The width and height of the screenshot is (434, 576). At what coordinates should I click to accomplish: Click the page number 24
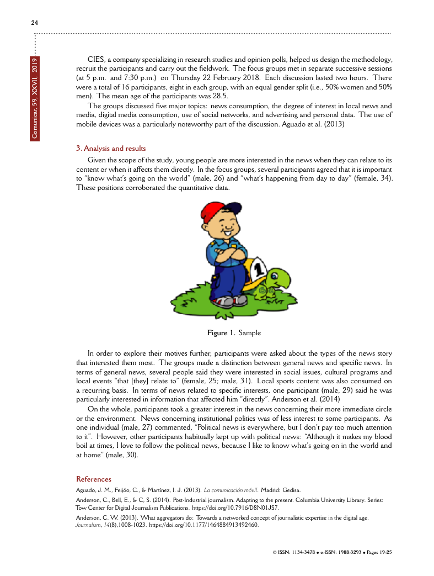(x=35, y=23)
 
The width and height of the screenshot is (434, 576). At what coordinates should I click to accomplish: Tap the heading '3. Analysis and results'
(x=111, y=149)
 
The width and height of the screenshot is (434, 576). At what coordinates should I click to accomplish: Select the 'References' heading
(x=93, y=479)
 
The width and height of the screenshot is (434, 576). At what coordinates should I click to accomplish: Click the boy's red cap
(x=218, y=212)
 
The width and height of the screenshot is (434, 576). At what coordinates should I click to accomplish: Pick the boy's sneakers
(x=231, y=302)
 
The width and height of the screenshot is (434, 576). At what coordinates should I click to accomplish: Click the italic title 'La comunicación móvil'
(x=232, y=490)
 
